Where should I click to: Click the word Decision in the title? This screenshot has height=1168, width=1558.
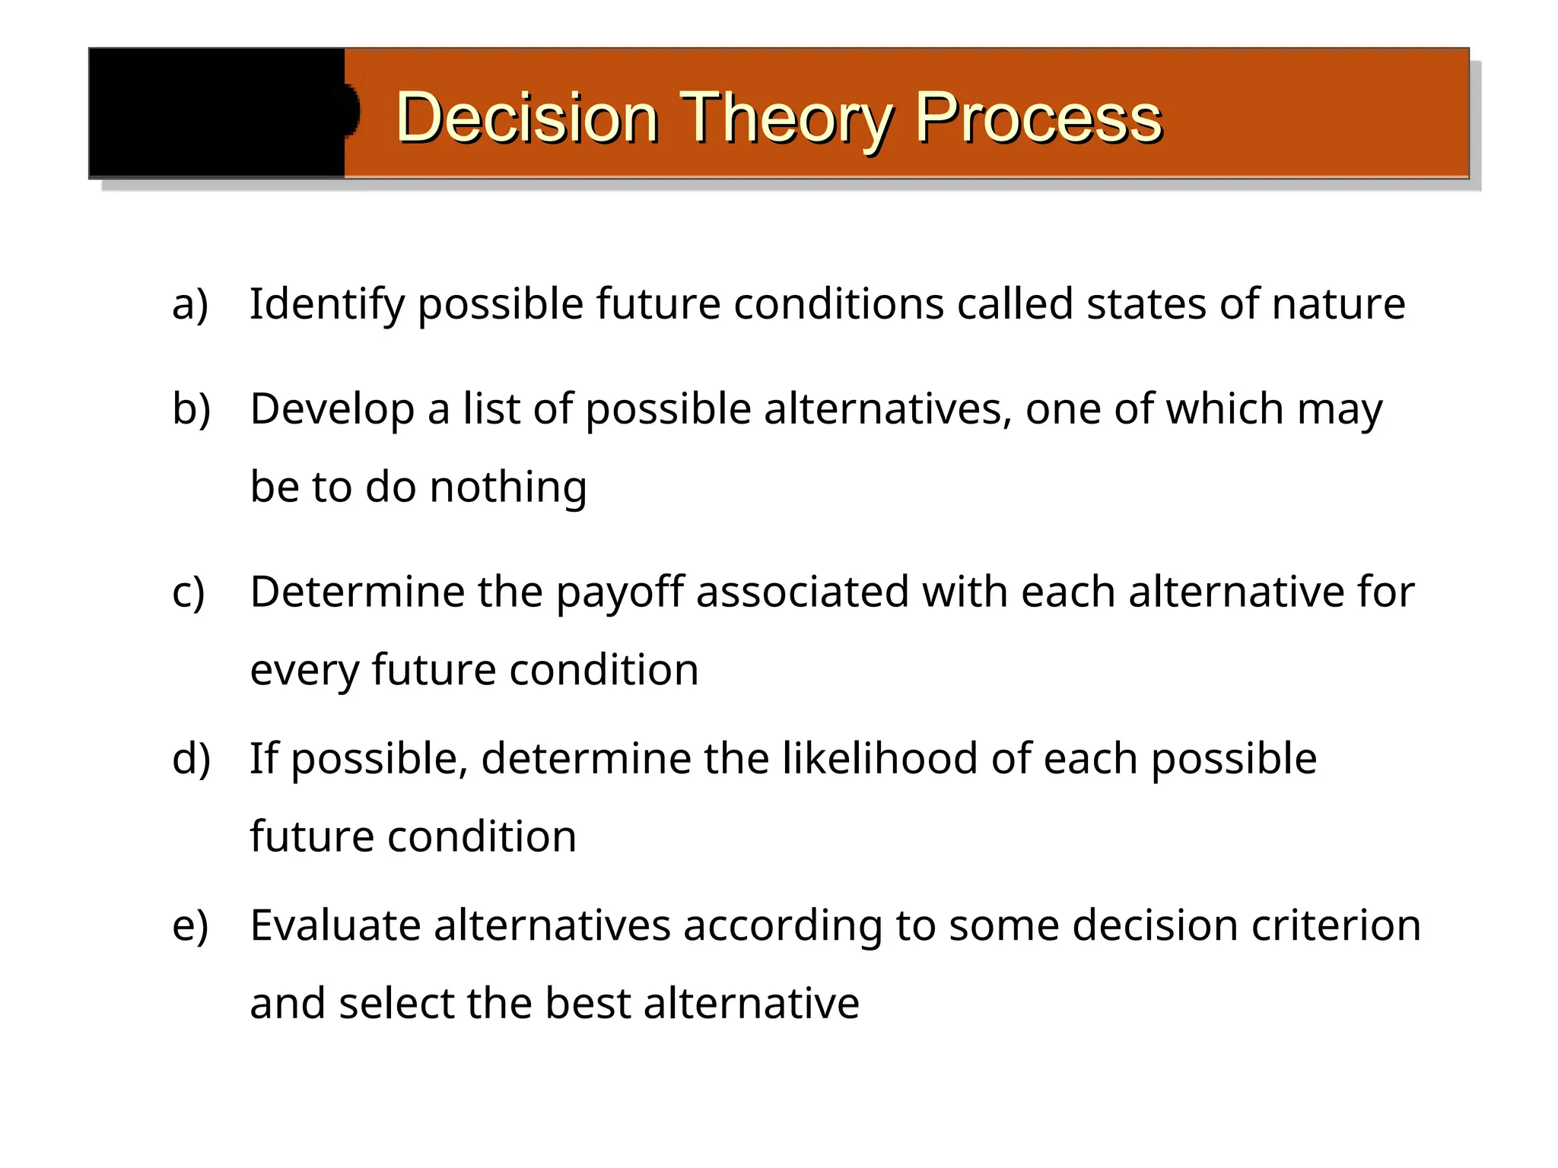click(526, 118)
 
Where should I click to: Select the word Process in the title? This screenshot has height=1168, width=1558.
click(1038, 118)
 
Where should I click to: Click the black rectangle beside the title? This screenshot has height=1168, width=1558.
click(217, 113)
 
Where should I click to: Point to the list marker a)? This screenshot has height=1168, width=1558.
click(190, 304)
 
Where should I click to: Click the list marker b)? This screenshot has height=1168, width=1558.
click(191, 409)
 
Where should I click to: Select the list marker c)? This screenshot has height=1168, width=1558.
click(189, 592)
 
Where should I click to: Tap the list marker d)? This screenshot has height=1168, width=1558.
click(191, 759)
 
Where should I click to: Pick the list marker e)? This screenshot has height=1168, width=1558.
click(190, 925)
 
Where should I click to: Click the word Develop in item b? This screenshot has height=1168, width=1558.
click(332, 409)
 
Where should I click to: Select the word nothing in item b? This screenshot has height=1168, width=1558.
click(508, 487)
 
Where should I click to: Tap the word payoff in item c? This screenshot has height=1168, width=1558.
click(620, 592)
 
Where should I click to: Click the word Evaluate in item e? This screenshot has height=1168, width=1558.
click(335, 925)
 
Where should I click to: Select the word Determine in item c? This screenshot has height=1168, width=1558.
click(357, 592)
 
